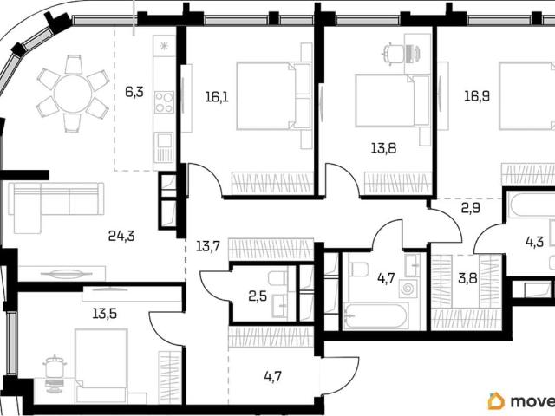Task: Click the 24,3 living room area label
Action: point(121,236)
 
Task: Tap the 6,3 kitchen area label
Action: point(134,92)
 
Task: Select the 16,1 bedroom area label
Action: point(217,96)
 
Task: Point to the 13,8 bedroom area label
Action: point(383,148)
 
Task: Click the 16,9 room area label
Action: point(477,96)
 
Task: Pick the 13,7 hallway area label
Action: point(208,246)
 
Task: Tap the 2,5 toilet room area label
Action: point(258,296)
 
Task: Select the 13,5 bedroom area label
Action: point(105,314)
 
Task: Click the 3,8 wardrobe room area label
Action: point(467,278)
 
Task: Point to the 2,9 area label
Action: point(470,208)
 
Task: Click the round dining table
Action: point(73,94)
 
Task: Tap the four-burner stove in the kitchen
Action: point(165,102)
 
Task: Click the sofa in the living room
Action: point(55,208)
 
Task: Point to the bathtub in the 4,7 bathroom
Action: point(375,315)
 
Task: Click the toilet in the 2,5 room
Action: point(277,278)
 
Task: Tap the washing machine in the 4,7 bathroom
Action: point(408,289)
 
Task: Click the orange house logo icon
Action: point(496,401)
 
